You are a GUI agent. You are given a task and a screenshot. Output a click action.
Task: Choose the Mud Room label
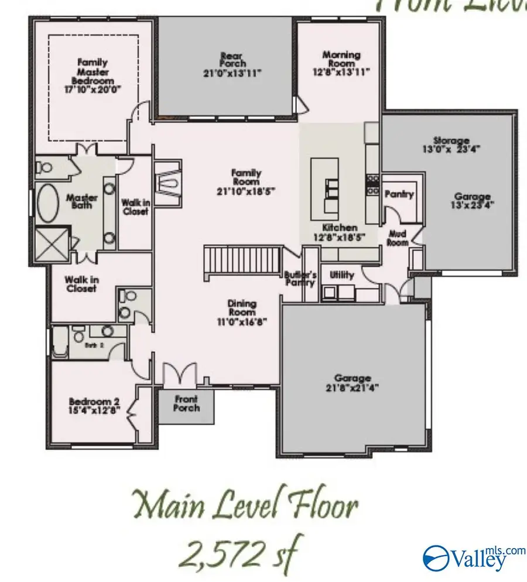click(x=398, y=237)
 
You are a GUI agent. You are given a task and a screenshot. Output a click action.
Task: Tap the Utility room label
click(x=341, y=274)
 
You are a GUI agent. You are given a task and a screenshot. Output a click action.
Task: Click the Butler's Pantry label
click(x=300, y=278)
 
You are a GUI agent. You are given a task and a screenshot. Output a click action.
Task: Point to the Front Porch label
click(x=187, y=403)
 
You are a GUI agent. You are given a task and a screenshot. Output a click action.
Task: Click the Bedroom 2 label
click(x=94, y=402)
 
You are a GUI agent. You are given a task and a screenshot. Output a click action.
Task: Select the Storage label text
click(x=451, y=141)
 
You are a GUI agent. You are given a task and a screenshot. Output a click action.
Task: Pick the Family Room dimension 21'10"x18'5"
click(x=246, y=190)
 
